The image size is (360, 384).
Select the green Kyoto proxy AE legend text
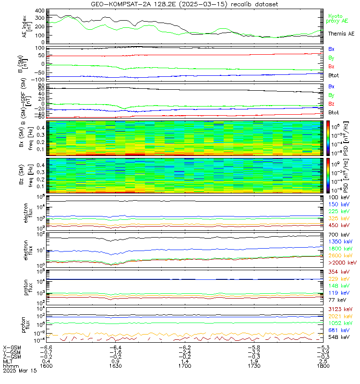[x=338, y=19]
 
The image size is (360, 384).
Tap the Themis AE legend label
[x=341, y=34]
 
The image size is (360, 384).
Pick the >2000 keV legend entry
[x=342, y=263]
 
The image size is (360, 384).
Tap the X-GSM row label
[x=12, y=347]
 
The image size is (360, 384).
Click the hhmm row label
[x=10, y=365]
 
